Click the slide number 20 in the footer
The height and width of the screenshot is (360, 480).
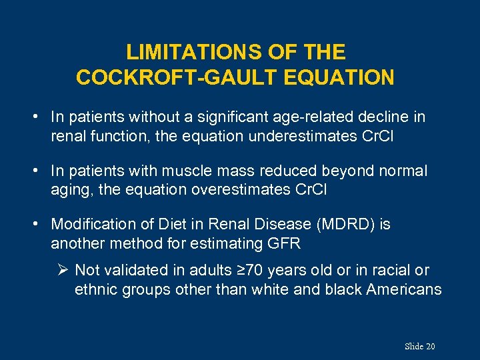coord(430,346)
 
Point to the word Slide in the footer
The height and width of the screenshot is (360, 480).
coord(413,346)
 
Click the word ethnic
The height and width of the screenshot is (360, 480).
coord(94,289)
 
